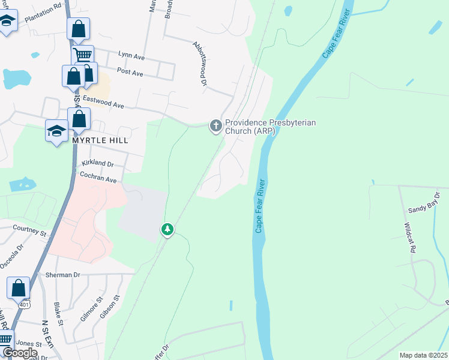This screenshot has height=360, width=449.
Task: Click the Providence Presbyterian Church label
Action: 270,127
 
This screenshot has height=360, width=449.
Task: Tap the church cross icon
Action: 215,126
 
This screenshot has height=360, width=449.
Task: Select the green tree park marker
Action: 167,229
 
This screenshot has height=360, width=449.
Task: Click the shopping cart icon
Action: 83,56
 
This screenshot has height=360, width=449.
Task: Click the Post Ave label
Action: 130,73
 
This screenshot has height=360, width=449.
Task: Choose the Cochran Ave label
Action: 98,178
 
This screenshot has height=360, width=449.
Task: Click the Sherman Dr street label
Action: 62,275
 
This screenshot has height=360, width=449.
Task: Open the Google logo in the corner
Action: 20,353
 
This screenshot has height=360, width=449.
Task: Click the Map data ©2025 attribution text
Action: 423,355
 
